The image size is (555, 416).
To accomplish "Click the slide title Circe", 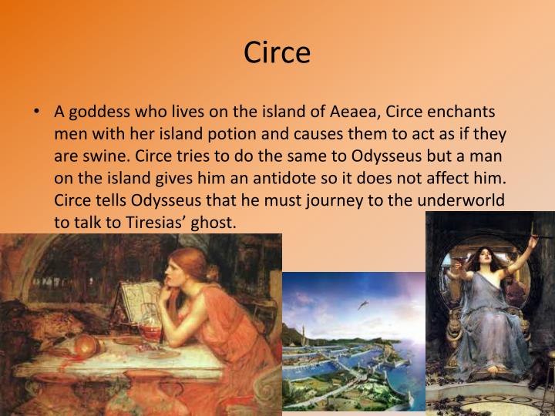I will pos(277,52).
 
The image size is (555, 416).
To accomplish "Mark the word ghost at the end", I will pos(213,220).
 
